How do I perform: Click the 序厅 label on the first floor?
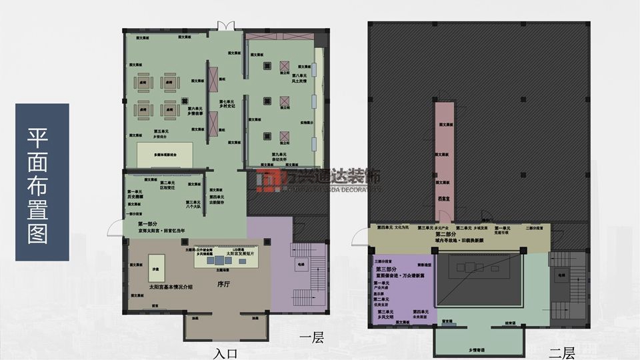pos(223,283)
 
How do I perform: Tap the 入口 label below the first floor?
pos(227,352)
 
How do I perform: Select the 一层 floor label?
pos(311,339)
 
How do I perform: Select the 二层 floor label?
pos(561,352)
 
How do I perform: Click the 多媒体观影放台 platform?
pos(165,154)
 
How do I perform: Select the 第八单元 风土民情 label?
pos(298,79)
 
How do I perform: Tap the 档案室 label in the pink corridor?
pos(442,198)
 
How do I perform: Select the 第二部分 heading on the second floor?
pos(446,235)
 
